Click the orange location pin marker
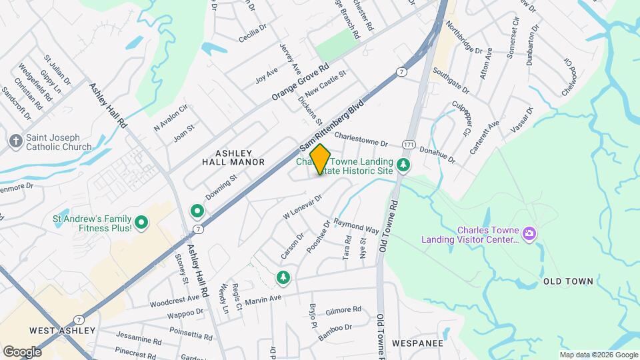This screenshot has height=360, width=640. pyautogui.click(x=320, y=159)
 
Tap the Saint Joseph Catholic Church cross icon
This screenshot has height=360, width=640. pyautogui.click(x=15, y=141)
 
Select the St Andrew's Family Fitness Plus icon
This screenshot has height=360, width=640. pyautogui.click(x=141, y=223)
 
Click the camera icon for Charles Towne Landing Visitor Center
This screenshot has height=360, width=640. pyautogui.click(x=529, y=233)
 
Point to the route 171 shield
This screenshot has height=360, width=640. pyautogui.click(x=409, y=145)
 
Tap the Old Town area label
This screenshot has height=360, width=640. pyautogui.click(x=568, y=281)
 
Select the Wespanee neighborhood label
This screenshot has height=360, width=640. pyautogui.click(x=418, y=343)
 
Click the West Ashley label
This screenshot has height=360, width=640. pyautogui.click(x=63, y=331)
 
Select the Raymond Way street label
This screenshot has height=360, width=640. pyautogui.click(x=356, y=225)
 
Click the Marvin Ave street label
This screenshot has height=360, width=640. pyautogui.click(x=264, y=301)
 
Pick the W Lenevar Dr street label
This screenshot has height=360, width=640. pyautogui.click(x=303, y=206)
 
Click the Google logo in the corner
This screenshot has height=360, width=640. pyautogui.click(x=22, y=351)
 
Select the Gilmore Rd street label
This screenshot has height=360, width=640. pyautogui.click(x=343, y=310)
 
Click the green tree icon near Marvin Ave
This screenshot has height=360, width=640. pyautogui.click(x=283, y=277)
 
